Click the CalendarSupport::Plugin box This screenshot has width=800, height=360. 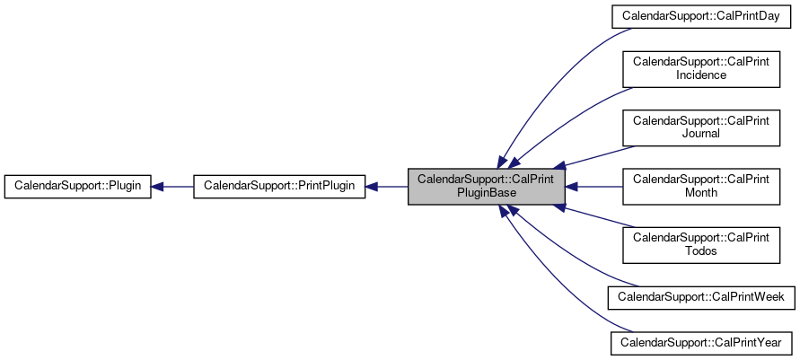click(x=77, y=187)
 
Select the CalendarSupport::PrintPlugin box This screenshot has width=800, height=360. click(x=279, y=187)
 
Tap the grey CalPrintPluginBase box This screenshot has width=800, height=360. click(x=487, y=187)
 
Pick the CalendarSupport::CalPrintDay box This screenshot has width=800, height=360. click(x=701, y=16)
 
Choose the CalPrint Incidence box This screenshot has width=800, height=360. click(x=701, y=68)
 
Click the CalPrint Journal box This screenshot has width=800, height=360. click(x=701, y=127)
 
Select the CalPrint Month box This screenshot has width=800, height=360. click(x=701, y=186)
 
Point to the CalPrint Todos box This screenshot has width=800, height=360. click(x=701, y=244)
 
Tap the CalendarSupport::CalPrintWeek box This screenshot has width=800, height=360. click(x=701, y=295)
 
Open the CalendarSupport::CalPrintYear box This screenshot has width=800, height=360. click(x=701, y=342)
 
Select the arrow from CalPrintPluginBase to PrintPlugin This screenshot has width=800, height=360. click(x=387, y=187)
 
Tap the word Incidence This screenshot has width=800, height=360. click(x=701, y=75)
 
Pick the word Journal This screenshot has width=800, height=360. click(x=701, y=134)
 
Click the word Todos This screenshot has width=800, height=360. click(x=701, y=251)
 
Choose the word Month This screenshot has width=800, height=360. click(x=701, y=193)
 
